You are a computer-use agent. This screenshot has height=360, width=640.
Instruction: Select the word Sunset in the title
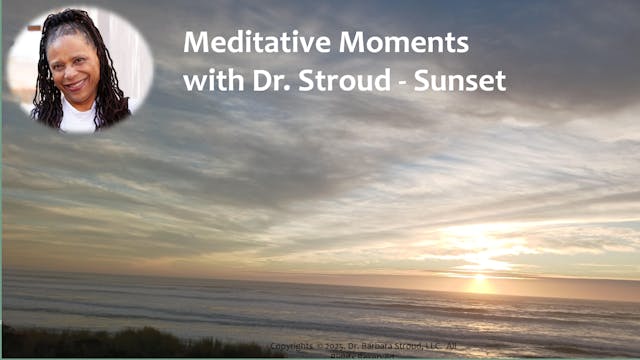pos(471,79)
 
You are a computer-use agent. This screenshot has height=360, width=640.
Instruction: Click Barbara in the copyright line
pos(394,347)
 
